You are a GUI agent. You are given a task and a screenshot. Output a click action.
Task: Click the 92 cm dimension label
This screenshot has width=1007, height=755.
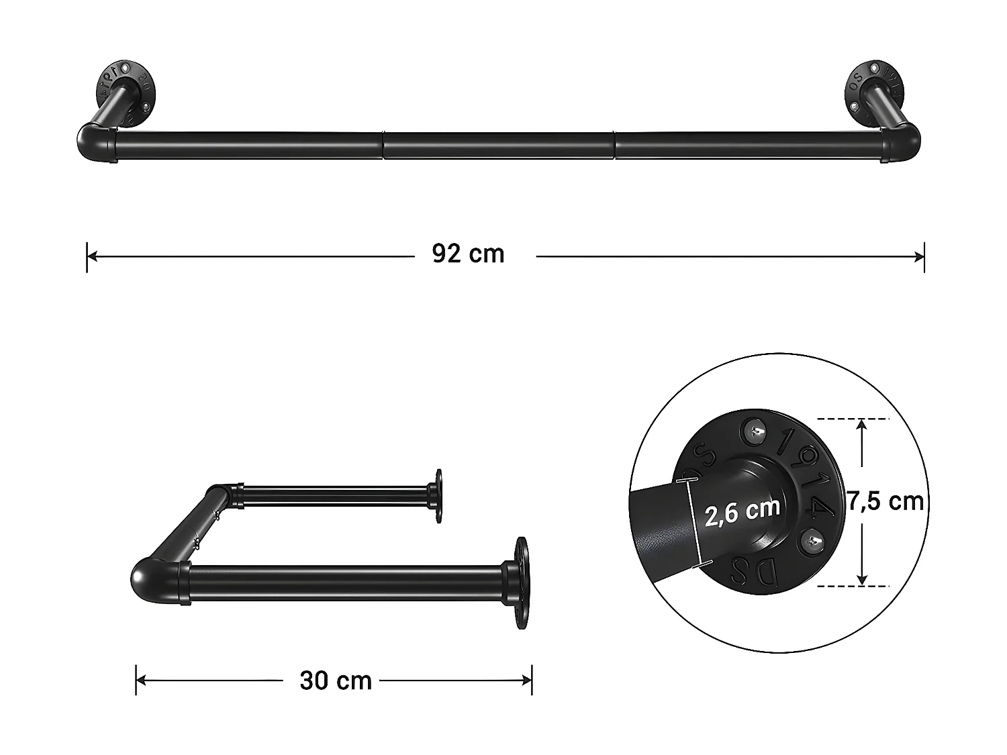(x=468, y=254)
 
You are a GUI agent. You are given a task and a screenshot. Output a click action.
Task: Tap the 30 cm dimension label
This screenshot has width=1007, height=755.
(x=336, y=681)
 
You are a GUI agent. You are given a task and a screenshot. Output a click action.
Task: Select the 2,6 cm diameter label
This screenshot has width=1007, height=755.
(x=742, y=511)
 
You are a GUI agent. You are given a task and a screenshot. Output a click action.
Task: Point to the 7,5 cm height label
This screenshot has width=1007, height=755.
(x=885, y=501)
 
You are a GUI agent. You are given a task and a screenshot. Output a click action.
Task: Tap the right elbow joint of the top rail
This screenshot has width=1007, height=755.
(x=904, y=144)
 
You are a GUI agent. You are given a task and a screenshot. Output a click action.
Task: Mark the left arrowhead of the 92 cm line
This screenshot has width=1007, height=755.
(x=93, y=256)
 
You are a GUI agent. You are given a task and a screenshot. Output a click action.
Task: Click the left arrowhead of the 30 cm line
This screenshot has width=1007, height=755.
(x=142, y=681)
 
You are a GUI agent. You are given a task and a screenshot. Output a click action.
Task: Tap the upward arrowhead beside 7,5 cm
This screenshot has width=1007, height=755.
(x=863, y=424)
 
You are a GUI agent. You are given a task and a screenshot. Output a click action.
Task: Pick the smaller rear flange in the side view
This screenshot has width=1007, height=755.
(x=438, y=496)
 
